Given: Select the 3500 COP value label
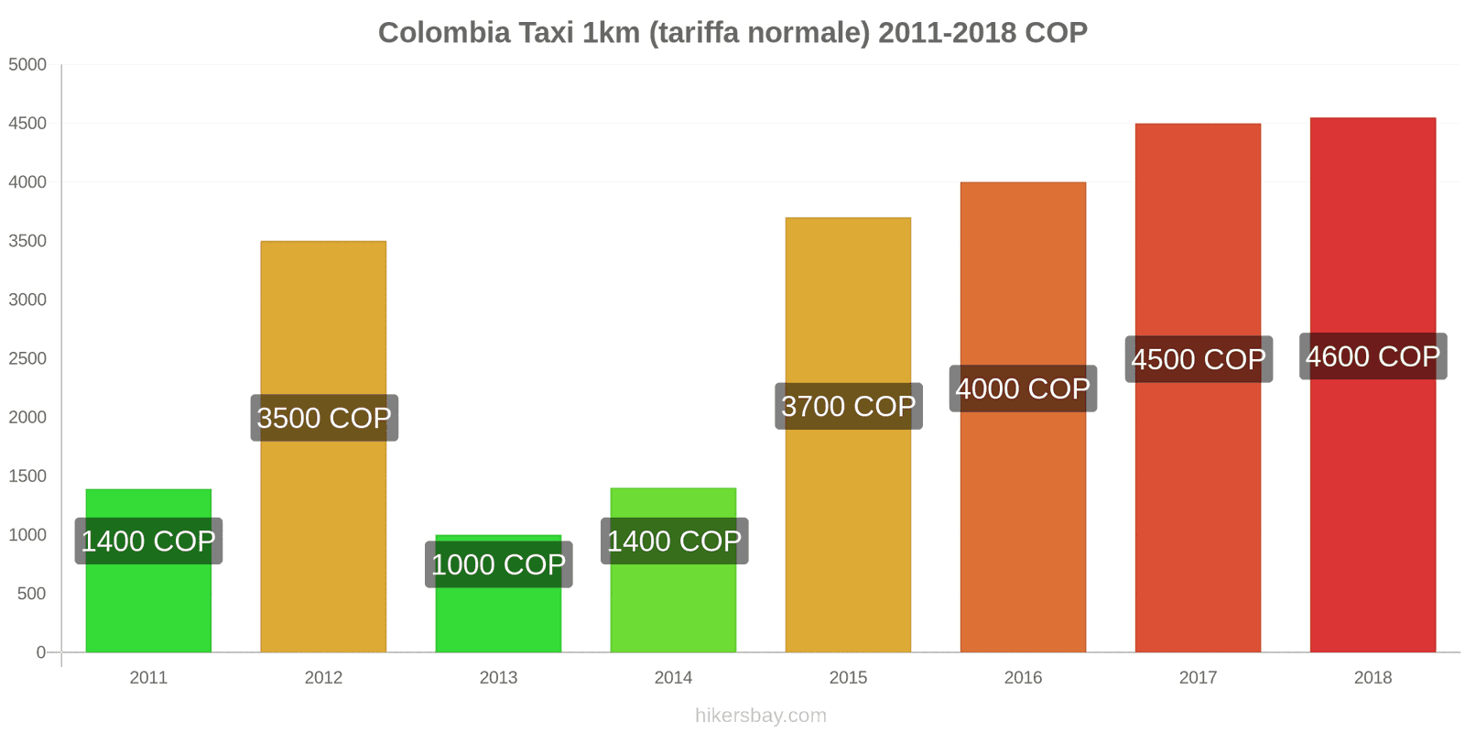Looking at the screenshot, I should [x=324, y=418].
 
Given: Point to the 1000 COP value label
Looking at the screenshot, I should [x=499, y=564].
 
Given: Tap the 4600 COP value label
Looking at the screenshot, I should [x=1373, y=356].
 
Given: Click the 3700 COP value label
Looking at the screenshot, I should [x=848, y=406].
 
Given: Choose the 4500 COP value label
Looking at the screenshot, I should [x=1198, y=359].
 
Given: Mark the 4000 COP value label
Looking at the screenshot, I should [x=1023, y=388].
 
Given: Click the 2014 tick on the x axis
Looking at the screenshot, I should [x=673, y=678].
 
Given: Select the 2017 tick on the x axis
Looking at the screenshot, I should [x=1198, y=678].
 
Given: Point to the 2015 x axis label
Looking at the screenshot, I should [x=848, y=678].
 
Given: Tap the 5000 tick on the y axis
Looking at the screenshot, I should [x=27, y=65].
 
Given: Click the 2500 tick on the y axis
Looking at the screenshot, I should [x=27, y=359].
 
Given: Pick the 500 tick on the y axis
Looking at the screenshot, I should [x=31, y=594].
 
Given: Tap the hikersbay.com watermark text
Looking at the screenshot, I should [x=760, y=716].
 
